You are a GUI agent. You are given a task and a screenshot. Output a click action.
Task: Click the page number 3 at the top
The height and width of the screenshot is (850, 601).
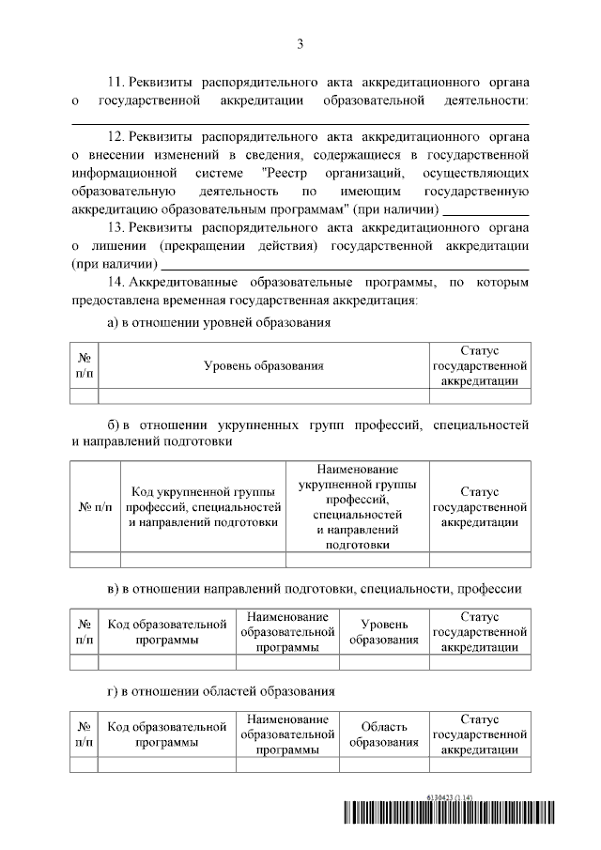tap(300, 43)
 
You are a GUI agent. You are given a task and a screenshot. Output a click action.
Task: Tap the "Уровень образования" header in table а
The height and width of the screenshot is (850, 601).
tap(264, 366)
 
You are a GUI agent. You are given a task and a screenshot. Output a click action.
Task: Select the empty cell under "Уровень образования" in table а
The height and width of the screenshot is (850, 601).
tap(264, 395)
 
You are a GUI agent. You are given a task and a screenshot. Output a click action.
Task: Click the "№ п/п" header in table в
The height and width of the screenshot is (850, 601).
tap(85, 631)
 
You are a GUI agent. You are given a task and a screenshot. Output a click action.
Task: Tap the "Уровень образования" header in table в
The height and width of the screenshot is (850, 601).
tap(384, 631)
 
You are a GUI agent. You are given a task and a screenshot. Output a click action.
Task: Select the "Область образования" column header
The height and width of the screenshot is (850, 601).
tap(384, 734)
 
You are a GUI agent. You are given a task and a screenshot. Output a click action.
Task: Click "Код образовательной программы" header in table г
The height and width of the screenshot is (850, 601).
tap(167, 734)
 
